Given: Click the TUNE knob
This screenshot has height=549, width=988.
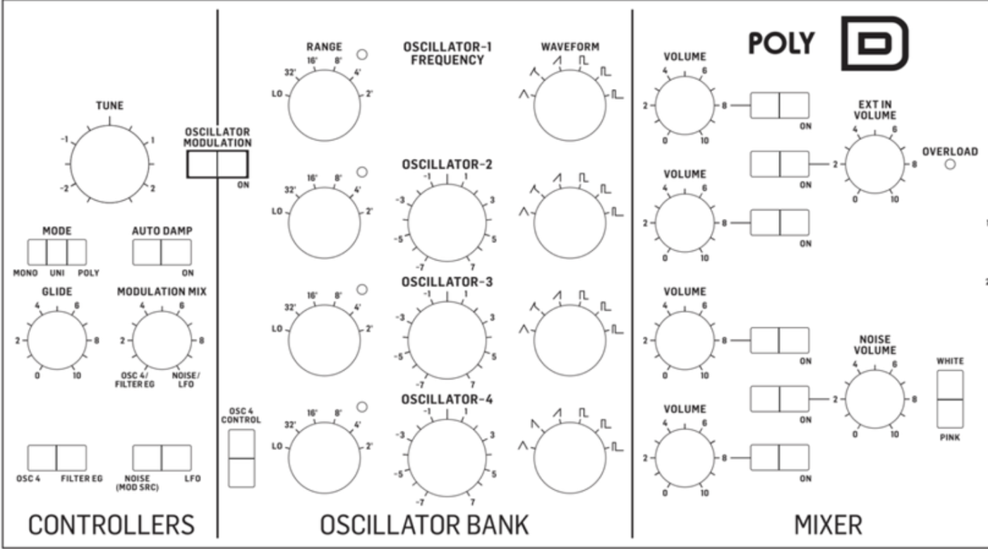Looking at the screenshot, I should click(x=109, y=165).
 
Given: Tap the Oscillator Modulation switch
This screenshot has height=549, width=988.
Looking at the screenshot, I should click(x=217, y=165).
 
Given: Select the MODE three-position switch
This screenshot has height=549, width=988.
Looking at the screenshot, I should click(x=56, y=252).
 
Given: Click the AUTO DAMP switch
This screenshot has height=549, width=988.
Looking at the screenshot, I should click(x=162, y=252).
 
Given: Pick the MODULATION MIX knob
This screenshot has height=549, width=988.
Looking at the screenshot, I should click(x=162, y=341).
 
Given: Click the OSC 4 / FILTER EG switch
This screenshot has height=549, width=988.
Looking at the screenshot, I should click(x=56, y=458).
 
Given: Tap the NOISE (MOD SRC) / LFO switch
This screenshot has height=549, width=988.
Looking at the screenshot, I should click(x=162, y=458).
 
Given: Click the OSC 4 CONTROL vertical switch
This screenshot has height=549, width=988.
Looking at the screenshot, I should click(x=242, y=457).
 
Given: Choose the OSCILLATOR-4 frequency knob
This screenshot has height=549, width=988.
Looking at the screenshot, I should click(x=446, y=457).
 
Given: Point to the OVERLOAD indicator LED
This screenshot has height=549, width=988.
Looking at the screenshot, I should click(x=950, y=165).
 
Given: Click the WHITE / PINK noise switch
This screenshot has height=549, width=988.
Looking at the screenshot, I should click(x=950, y=399).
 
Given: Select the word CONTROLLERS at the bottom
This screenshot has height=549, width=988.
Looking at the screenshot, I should click(x=111, y=525).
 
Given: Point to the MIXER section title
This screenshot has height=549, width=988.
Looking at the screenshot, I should click(x=828, y=525).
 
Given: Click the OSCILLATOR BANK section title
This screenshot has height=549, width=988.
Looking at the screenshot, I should click(x=423, y=525).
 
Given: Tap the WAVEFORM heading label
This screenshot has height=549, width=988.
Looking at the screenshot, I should click(x=570, y=47).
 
